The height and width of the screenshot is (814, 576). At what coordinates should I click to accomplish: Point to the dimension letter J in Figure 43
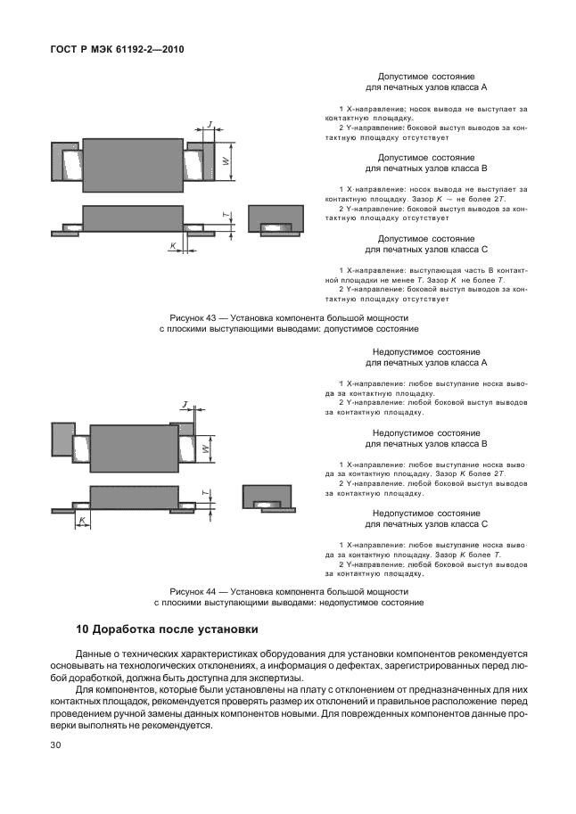209,124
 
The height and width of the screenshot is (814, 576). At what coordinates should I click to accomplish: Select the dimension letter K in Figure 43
172,244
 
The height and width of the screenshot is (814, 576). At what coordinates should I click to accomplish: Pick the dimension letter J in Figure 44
185,407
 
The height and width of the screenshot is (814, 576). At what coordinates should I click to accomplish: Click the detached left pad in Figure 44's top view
63,439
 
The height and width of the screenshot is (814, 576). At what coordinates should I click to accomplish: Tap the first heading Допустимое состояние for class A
426,78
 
